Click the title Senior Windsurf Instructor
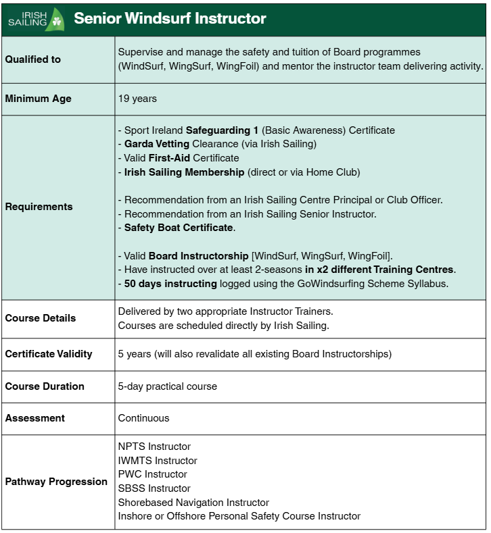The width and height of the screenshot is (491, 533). pyautogui.click(x=170, y=18)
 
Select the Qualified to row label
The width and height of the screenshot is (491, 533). pyautogui.click(x=33, y=59)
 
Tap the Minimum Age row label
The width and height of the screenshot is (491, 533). pyautogui.click(x=39, y=99)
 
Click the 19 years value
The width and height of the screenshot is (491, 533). pyautogui.click(x=137, y=99)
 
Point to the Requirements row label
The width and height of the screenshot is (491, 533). pyautogui.click(x=39, y=207)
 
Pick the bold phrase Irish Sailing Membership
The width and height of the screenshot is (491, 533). pyautogui.click(x=184, y=172)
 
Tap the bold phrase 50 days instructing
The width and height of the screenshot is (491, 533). pyautogui.click(x=170, y=284)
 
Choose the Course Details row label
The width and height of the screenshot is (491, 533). pyautogui.click(x=41, y=318)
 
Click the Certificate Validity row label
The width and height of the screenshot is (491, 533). pyautogui.click(x=49, y=354)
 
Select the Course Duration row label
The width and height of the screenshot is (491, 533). pyautogui.click(x=45, y=386)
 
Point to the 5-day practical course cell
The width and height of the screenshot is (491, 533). pyautogui.click(x=168, y=386)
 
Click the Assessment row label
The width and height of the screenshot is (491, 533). pyautogui.click(x=35, y=418)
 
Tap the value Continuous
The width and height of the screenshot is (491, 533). pyautogui.click(x=143, y=418)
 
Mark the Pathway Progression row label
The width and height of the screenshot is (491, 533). pyautogui.click(x=56, y=482)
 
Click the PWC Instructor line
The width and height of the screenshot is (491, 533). pyautogui.click(x=152, y=474)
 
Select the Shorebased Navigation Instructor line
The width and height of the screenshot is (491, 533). pyautogui.click(x=193, y=503)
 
